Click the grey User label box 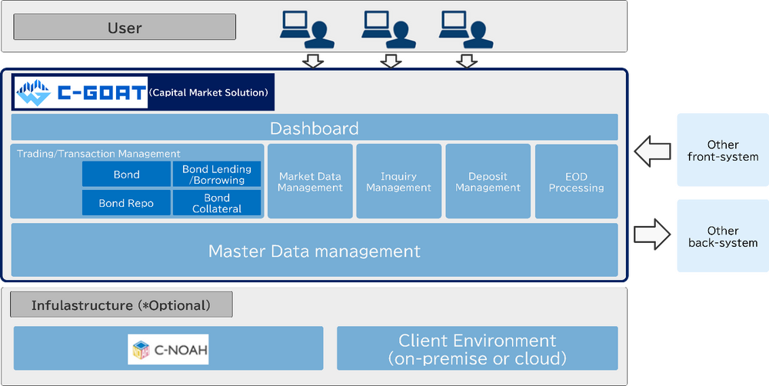pos(125,27)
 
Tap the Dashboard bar pos(314,128)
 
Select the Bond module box pos(126,175)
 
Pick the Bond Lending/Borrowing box pos(217,175)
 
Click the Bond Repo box pos(126,203)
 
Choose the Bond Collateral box pos(217,203)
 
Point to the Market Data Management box pos(310,181)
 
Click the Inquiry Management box pos(398,181)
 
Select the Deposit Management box pos(488,181)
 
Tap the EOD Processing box pos(576,181)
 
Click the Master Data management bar pos(314,251)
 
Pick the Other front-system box pos(721,151)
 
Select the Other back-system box pos(721,237)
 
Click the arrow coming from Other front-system pos(651,150)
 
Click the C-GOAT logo pos(81,93)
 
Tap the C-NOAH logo pos(168,349)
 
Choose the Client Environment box pos(477,349)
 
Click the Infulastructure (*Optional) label pos(121,305)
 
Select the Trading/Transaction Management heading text pos(98,154)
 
